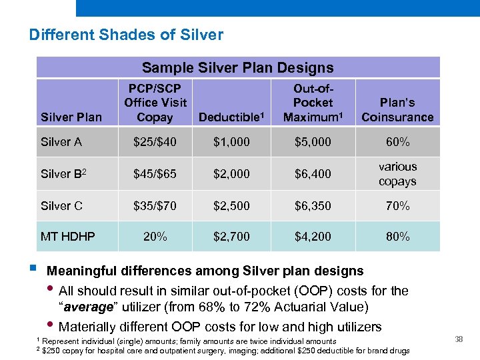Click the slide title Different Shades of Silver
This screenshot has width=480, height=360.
coord(126,35)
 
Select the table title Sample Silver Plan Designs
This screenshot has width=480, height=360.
coord(238,67)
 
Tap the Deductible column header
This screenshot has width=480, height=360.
coord(230,117)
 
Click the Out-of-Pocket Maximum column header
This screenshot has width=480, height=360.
coord(313,103)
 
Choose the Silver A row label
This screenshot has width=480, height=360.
coord(61,142)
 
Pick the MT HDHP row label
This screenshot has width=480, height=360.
coord(67,237)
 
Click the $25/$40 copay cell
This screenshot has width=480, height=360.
coord(155,142)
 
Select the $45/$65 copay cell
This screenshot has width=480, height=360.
coord(155,174)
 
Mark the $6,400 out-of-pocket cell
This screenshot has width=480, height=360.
coord(313,174)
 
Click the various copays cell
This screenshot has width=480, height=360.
coord(397,174)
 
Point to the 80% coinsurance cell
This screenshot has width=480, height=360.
coord(397,237)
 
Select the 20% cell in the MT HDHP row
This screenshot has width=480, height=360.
coord(155,237)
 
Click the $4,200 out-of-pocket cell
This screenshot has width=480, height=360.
coord(313,237)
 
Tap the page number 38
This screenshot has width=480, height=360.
coord(459,340)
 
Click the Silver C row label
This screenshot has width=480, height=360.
coord(61,206)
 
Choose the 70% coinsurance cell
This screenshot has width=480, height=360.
coord(397,206)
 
